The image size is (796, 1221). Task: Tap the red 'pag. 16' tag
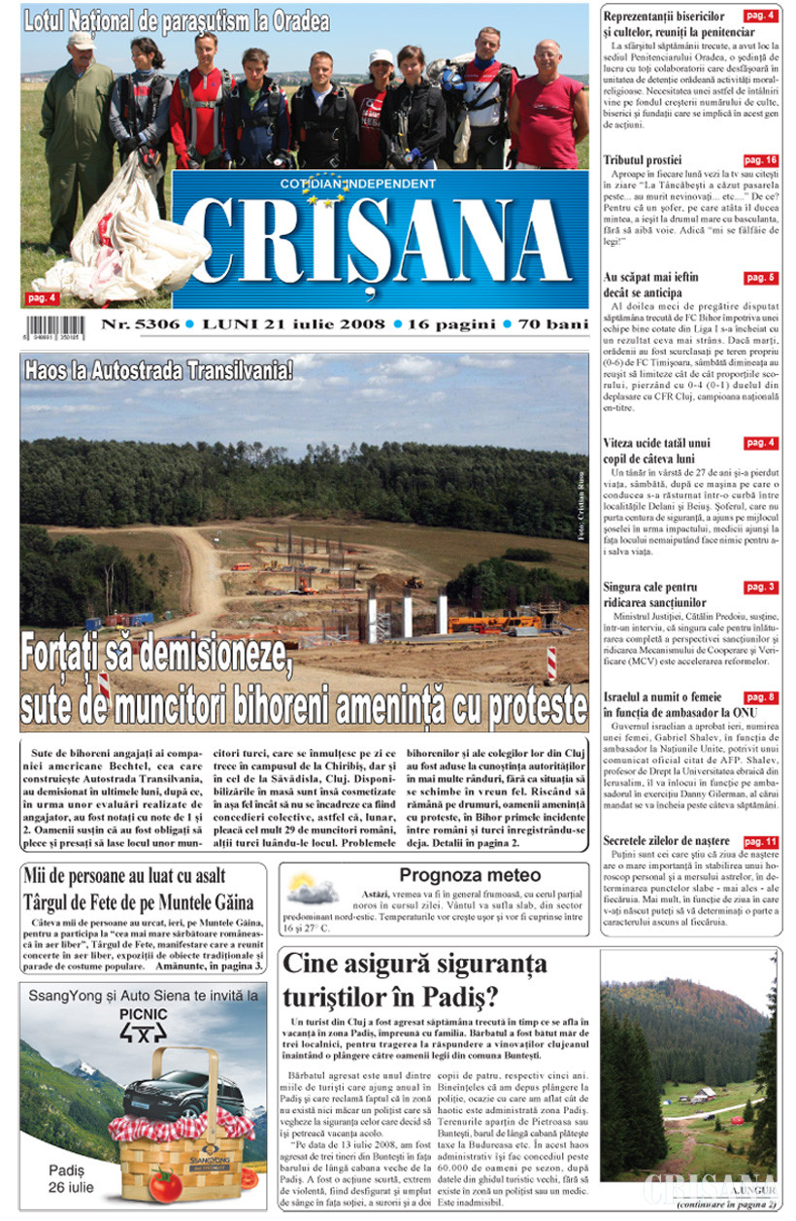coord(761,159)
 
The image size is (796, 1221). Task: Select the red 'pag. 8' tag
coord(760,697)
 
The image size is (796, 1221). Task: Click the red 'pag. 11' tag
coord(760,840)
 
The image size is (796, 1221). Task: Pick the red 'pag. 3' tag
coord(760,588)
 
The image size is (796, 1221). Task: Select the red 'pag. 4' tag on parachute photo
coord(40,297)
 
